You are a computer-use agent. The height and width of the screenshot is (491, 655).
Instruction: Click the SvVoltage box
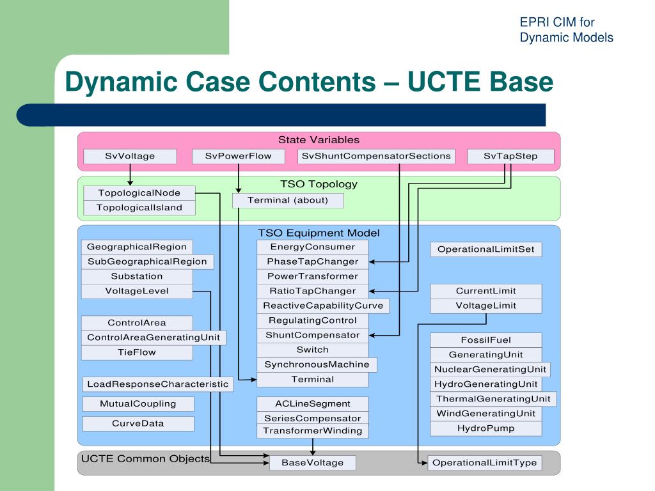pos(130,156)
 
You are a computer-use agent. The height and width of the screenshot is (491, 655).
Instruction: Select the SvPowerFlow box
pos(238,156)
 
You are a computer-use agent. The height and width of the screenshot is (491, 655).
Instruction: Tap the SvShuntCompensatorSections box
pos(376,156)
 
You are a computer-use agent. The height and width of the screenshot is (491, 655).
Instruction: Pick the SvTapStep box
pos(510,156)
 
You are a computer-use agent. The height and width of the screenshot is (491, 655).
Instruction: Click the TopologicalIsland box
pos(139,208)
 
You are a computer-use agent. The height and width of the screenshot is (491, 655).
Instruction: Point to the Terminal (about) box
pos(288,200)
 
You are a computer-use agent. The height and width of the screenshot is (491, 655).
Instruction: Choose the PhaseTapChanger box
pos(312,261)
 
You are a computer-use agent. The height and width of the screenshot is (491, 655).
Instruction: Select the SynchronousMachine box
pos(317,364)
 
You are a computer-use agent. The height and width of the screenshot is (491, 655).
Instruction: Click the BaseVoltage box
pos(312,463)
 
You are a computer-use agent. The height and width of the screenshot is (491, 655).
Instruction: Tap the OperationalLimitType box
pos(485,463)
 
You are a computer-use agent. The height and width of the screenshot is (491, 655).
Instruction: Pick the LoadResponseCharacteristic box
pos(158,384)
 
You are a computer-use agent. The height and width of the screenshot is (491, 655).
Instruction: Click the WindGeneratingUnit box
pos(486,414)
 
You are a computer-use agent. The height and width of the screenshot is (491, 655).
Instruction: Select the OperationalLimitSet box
pos(486,249)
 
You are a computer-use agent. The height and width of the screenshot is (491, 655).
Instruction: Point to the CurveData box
pos(138,423)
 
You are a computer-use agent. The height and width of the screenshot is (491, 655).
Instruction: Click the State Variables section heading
pos(319,140)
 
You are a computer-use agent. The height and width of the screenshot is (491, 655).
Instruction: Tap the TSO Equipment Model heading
pos(319,233)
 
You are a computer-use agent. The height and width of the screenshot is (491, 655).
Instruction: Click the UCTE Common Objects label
pos(145,459)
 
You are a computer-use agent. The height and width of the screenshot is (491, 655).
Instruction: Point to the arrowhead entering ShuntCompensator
pos(372,335)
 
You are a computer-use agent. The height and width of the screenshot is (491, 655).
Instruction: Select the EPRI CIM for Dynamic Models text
pos(567,29)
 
